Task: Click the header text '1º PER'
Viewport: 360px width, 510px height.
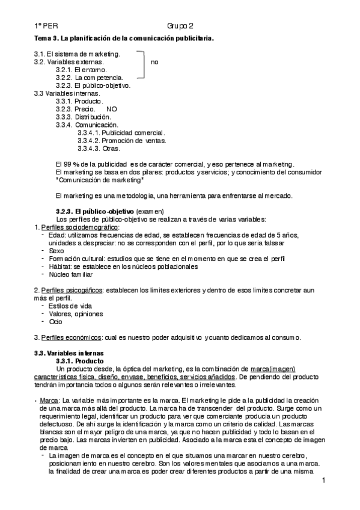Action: (46, 26)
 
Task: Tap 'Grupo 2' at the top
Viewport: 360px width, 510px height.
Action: (180, 26)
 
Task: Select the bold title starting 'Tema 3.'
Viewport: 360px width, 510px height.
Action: (123, 38)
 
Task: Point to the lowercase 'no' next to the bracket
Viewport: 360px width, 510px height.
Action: (154, 62)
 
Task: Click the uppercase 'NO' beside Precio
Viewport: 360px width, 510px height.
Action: (112, 109)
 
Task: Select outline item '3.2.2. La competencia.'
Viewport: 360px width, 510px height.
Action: (90, 78)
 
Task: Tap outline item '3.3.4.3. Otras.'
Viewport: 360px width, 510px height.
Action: (99, 148)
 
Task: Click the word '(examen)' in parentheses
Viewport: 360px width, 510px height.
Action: (150, 211)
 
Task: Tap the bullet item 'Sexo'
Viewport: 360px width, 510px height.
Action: (56, 250)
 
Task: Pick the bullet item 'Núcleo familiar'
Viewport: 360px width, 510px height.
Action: (71, 274)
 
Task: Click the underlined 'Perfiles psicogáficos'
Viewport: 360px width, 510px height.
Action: (72, 290)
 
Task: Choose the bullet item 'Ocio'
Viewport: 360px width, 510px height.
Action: (56, 321)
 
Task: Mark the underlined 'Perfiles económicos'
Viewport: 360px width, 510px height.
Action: (70, 337)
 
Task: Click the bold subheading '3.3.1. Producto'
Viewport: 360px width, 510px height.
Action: (81, 360)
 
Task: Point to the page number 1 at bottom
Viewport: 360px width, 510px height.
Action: (323, 481)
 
